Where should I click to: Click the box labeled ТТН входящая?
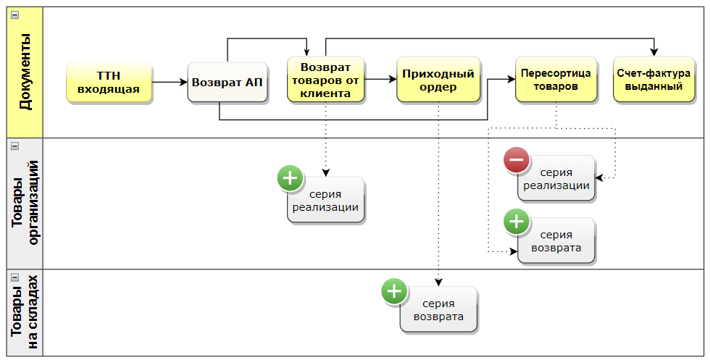[x=109, y=83]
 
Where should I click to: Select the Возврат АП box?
[x=227, y=82]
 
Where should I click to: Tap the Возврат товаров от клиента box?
[x=325, y=80]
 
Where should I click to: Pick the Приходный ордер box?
[x=438, y=80]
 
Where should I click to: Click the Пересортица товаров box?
[x=556, y=80]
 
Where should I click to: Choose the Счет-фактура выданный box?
[x=650, y=80]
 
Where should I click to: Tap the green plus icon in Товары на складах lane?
[x=394, y=291]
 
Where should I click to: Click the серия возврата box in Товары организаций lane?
[x=556, y=241]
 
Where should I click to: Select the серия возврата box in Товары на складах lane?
[x=438, y=310]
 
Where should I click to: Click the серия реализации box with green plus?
[x=325, y=200]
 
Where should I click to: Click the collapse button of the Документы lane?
[x=14, y=14]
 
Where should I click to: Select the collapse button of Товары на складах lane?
[x=14, y=277]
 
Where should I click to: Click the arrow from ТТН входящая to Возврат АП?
[x=170, y=83]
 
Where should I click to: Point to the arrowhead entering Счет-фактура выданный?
[x=654, y=52]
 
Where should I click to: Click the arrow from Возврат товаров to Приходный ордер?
[x=380, y=79]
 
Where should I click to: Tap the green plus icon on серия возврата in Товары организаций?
[x=517, y=222]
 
